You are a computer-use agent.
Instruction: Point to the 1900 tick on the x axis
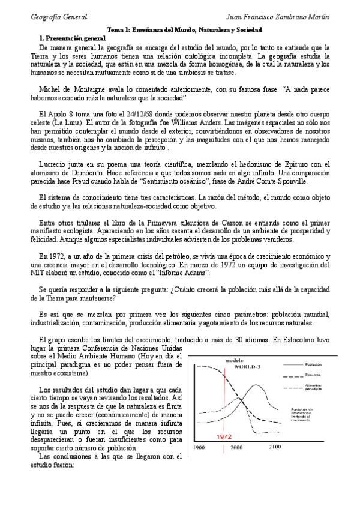coord(198,448)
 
